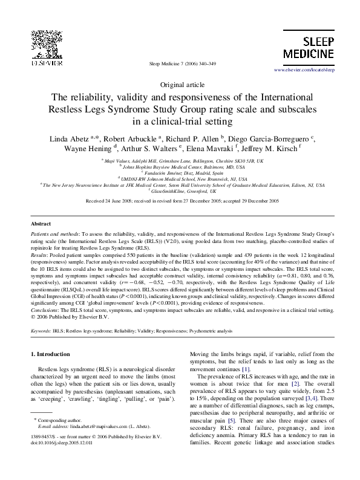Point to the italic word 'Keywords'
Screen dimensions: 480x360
click(41, 332)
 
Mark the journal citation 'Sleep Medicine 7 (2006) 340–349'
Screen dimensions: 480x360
click(180, 63)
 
